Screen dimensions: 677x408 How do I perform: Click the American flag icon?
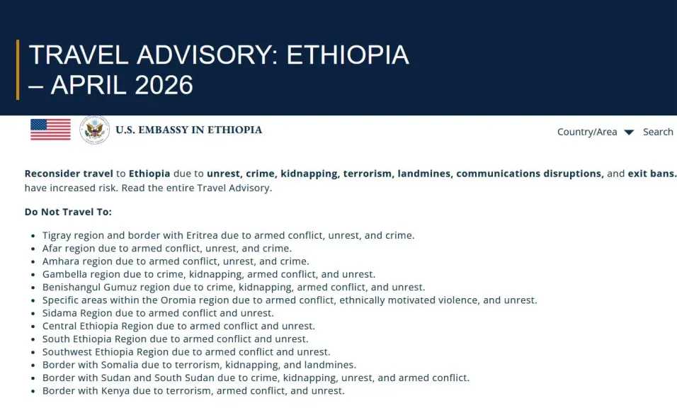pos(50,130)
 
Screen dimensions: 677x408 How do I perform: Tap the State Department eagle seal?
pos(95,130)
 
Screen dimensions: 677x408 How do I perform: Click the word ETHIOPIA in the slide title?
pos(348,55)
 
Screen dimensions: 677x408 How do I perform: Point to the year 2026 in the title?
pos(164,84)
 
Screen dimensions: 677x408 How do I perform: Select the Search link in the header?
pos(658,132)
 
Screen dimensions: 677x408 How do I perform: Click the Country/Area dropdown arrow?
pos(629,132)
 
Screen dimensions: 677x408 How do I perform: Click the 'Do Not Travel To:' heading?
pos(68,212)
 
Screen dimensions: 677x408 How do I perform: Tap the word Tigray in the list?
pos(57,236)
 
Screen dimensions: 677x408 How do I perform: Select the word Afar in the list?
pos(52,248)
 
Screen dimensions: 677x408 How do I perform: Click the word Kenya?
pos(115,391)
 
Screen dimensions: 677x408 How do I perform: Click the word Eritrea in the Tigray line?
pos(202,235)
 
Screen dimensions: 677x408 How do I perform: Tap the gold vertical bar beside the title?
pos(18,70)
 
